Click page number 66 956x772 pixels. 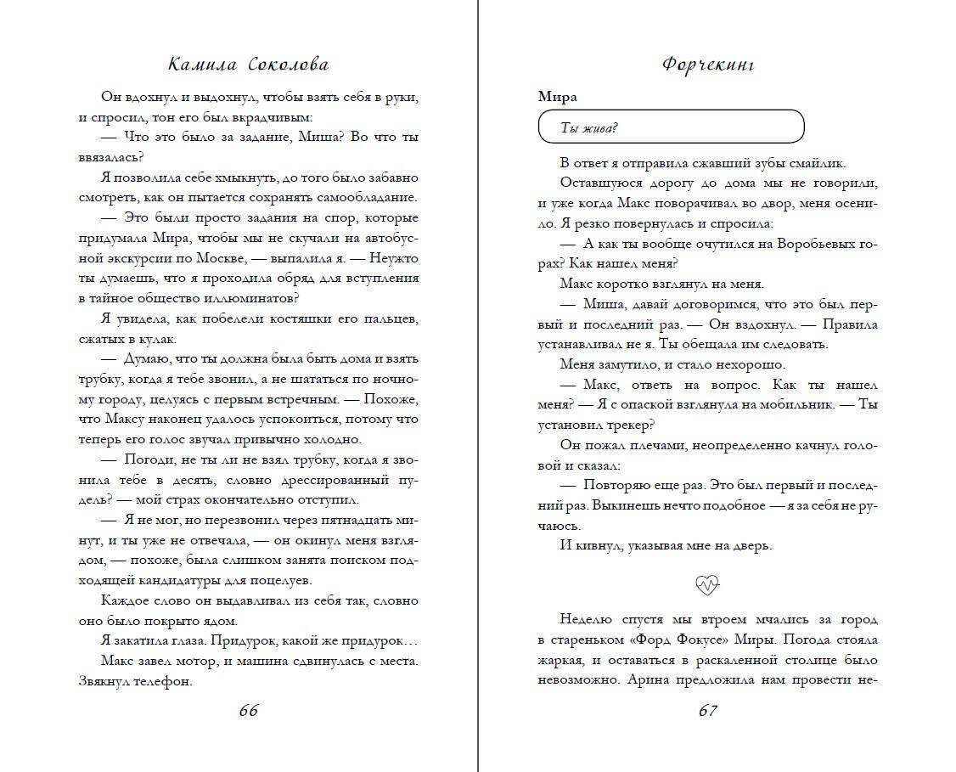pyautogui.click(x=248, y=710)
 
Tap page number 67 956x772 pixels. pyautogui.click(x=708, y=710)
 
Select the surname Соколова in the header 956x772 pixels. pyautogui.click(x=288, y=65)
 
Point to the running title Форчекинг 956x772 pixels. pyautogui.click(x=708, y=65)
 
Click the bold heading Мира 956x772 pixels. pyautogui.click(x=557, y=96)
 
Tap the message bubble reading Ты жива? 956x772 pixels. pyautogui.click(x=671, y=127)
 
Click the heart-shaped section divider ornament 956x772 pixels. pyautogui.click(x=707, y=583)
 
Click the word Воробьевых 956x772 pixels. pyautogui.click(x=812, y=242)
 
